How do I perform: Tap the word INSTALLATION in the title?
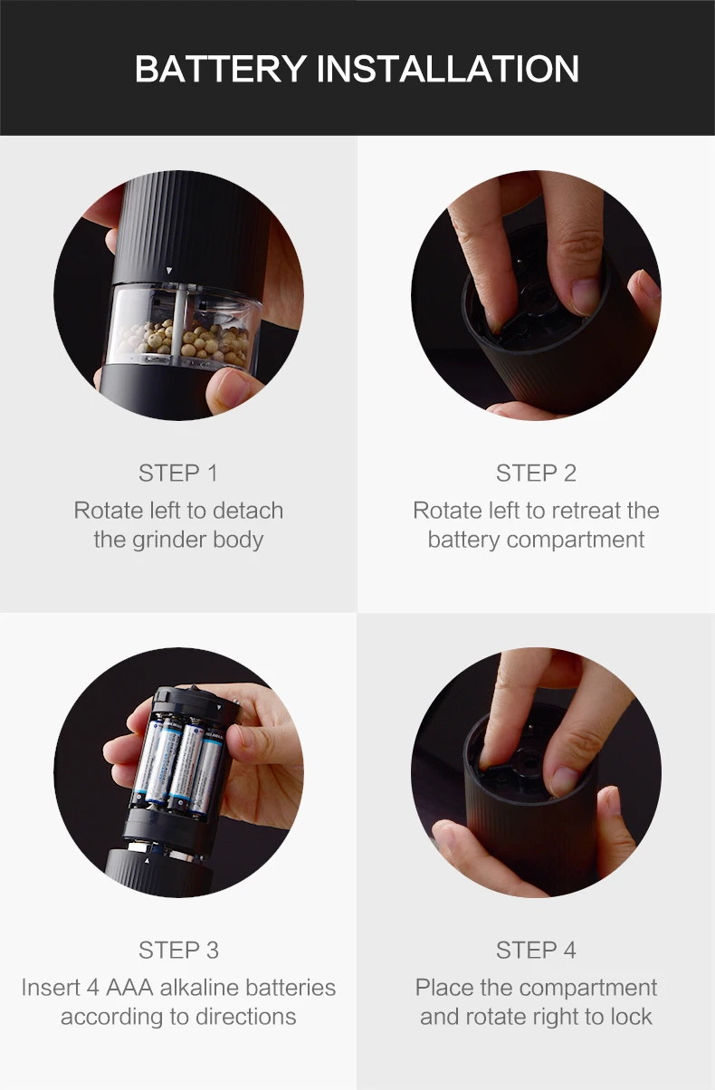pyautogui.click(x=448, y=69)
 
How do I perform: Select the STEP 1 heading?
pyautogui.click(x=178, y=473)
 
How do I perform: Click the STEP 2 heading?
pyautogui.click(x=536, y=473)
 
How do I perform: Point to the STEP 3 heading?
pyautogui.click(x=178, y=950)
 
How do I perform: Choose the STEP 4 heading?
pyautogui.click(x=536, y=950)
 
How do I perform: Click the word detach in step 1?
pyautogui.click(x=248, y=511)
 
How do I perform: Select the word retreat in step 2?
pyautogui.click(x=586, y=511)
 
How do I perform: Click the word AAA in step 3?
pyautogui.click(x=129, y=988)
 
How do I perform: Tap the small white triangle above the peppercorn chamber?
pyautogui.click(x=168, y=270)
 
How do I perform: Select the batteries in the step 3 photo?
pyautogui.click(x=179, y=769)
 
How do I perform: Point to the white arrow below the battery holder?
pyautogui.click(x=148, y=861)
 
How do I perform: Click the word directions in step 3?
pyautogui.click(x=245, y=1017)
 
